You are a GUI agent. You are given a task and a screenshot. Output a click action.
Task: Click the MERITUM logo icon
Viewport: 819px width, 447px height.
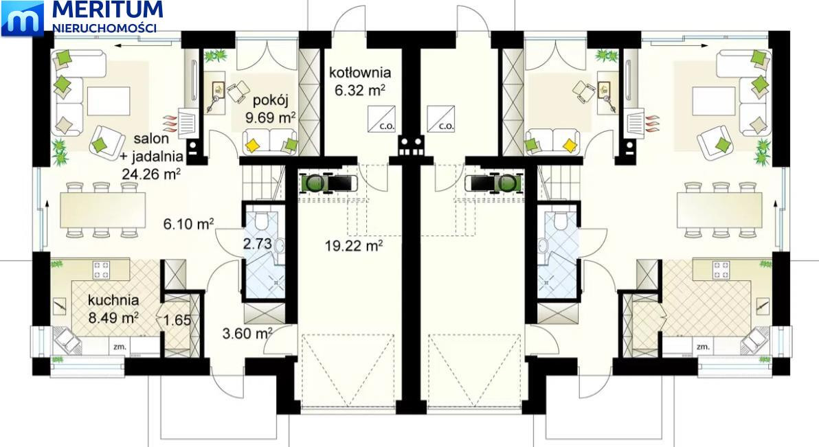tap(23, 19)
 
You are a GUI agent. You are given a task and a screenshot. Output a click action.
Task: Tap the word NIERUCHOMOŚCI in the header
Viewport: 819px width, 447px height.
tap(106, 27)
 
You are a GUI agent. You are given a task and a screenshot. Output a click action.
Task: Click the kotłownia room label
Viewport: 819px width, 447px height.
tap(360, 73)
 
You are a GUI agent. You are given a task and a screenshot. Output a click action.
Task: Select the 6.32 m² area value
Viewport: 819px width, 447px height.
tap(360, 91)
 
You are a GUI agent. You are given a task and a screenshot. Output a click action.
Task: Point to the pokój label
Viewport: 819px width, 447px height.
tap(271, 101)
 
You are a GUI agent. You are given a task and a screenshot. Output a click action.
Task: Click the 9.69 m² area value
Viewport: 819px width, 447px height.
tap(271, 117)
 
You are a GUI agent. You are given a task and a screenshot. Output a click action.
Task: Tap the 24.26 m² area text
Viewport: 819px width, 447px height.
tap(151, 173)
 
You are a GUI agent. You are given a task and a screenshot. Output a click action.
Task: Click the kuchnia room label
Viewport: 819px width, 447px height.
tap(113, 300)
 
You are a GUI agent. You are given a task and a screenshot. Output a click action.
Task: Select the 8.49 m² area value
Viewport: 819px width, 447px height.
tap(113, 317)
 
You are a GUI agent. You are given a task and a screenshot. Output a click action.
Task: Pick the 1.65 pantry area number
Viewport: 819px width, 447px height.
tap(177, 319)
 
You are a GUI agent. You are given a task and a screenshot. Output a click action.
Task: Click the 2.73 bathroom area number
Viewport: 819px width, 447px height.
tap(257, 244)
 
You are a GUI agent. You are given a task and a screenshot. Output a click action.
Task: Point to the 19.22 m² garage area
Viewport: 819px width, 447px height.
tap(354, 245)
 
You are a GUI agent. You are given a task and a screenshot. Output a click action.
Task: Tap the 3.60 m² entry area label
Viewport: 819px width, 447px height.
tap(247, 333)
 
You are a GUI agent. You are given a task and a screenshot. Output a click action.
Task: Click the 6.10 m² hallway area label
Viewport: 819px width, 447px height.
tap(188, 224)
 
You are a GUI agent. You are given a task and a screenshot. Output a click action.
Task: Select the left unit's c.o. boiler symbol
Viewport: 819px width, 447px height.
tap(381, 119)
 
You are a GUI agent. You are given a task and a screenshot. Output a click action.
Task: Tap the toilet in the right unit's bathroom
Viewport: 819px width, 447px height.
tap(560, 221)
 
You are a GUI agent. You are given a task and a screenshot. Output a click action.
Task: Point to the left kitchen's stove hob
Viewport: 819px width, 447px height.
tap(101, 270)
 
